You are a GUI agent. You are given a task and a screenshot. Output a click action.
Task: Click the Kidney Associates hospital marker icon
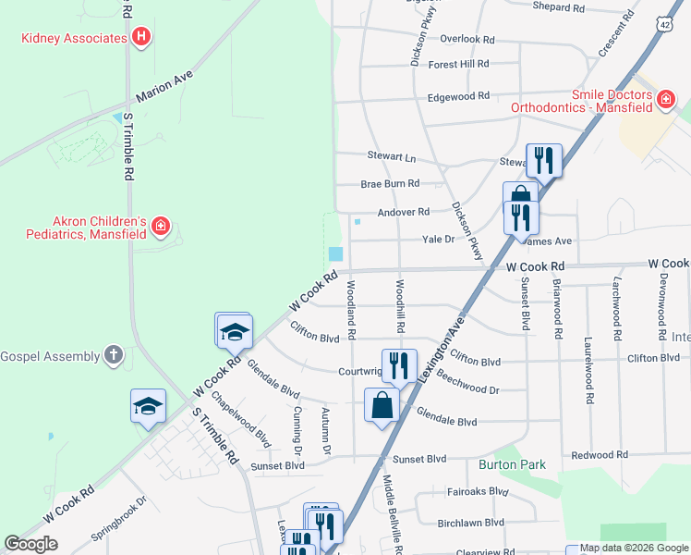(141, 38)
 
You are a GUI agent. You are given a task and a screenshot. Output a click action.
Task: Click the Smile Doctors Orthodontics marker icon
(665, 100)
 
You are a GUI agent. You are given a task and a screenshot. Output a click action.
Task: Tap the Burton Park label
(512, 464)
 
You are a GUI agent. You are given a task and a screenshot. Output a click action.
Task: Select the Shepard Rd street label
(559, 7)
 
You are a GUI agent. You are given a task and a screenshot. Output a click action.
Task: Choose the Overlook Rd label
(467, 40)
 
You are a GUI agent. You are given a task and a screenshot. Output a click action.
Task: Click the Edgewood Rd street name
(458, 97)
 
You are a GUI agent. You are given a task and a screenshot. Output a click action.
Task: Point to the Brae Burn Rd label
(390, 184)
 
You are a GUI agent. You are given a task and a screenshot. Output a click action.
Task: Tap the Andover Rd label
(404, 212)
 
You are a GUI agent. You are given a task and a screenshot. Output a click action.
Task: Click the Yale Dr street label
(439, 239)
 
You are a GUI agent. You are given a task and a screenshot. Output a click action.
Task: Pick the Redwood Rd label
(599, 455)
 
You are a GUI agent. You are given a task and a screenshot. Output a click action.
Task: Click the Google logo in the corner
(30, 545)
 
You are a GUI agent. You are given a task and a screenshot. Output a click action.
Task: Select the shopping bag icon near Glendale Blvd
(382, 404)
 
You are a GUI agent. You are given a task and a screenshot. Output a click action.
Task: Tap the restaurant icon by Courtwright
(399, 364)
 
